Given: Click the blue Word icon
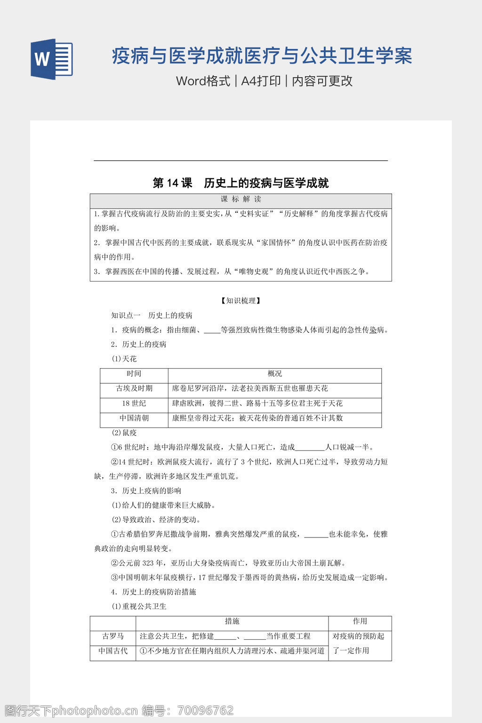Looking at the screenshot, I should pyautogui.click(x=52, y=59).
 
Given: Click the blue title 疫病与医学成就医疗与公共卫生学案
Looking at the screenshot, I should pyautogui.click(x=262, y=56).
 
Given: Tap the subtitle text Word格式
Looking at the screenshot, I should pyautogui.click(x=203, y=81).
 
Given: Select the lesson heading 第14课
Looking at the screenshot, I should pyautogui.click(x=172, y=183).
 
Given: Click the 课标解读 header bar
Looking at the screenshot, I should pyautogui.click(x=241, y=200).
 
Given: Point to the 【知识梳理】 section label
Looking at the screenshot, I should pyautogui.click(x=241, y=301).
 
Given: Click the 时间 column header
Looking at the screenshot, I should pyautogui.click(x=134, y=374).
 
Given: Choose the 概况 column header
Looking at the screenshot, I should pyautogui.click(x=274, y=374).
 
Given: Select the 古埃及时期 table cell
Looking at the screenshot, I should pyautogui.click(x=134, y=388).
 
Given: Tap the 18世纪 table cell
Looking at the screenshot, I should pyautogui.click(x=134, y=403).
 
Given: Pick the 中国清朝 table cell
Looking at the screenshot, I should pyautogui.click(x=134, y=418).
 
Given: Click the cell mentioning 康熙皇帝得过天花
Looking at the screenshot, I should pyautogui.click(x=257, y=418).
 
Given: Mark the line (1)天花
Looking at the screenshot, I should pyautogui.click(x=124, y=359).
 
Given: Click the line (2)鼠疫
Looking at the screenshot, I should pyautogui.click(x=124, y=433).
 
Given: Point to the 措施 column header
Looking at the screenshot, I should pyautogui.click(x=232, y=621).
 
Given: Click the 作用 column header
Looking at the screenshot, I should pyautogui.click(x=360, y=621).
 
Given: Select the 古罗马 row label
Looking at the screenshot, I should pyautogui.click(x=113, y=636).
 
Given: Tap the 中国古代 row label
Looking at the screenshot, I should pyautogui.click(x=113, y=651).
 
